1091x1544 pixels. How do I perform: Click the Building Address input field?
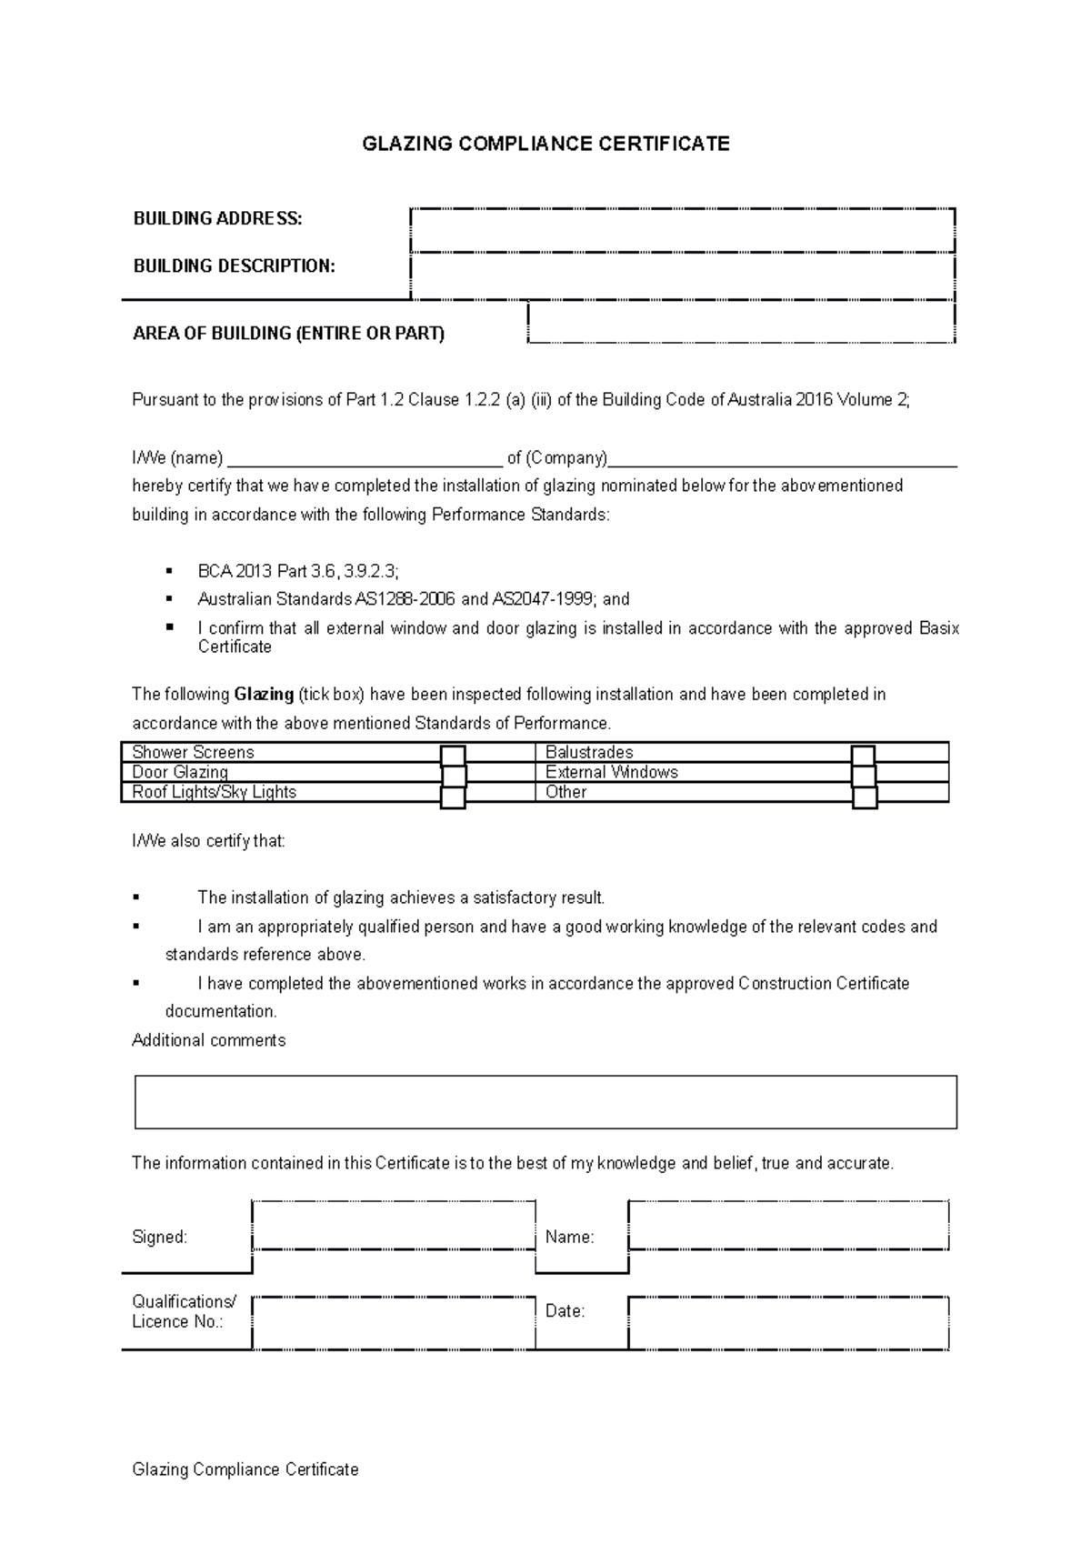(682, 230)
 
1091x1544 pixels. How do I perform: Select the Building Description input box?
(682, 276)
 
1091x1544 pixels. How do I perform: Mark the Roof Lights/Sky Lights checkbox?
(453, 797)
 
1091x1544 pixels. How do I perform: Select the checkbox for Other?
(865, 797)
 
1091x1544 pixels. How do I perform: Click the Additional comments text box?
(545, 1102)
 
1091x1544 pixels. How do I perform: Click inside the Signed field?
(393, 1226)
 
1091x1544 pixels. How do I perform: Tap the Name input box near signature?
(788, 1226)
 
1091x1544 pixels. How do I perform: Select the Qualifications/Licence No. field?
(393, 1322)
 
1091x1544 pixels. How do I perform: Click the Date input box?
(788, 1322)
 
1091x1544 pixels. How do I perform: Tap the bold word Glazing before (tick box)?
(264, 695)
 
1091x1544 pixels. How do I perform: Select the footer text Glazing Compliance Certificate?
(245, 1469)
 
